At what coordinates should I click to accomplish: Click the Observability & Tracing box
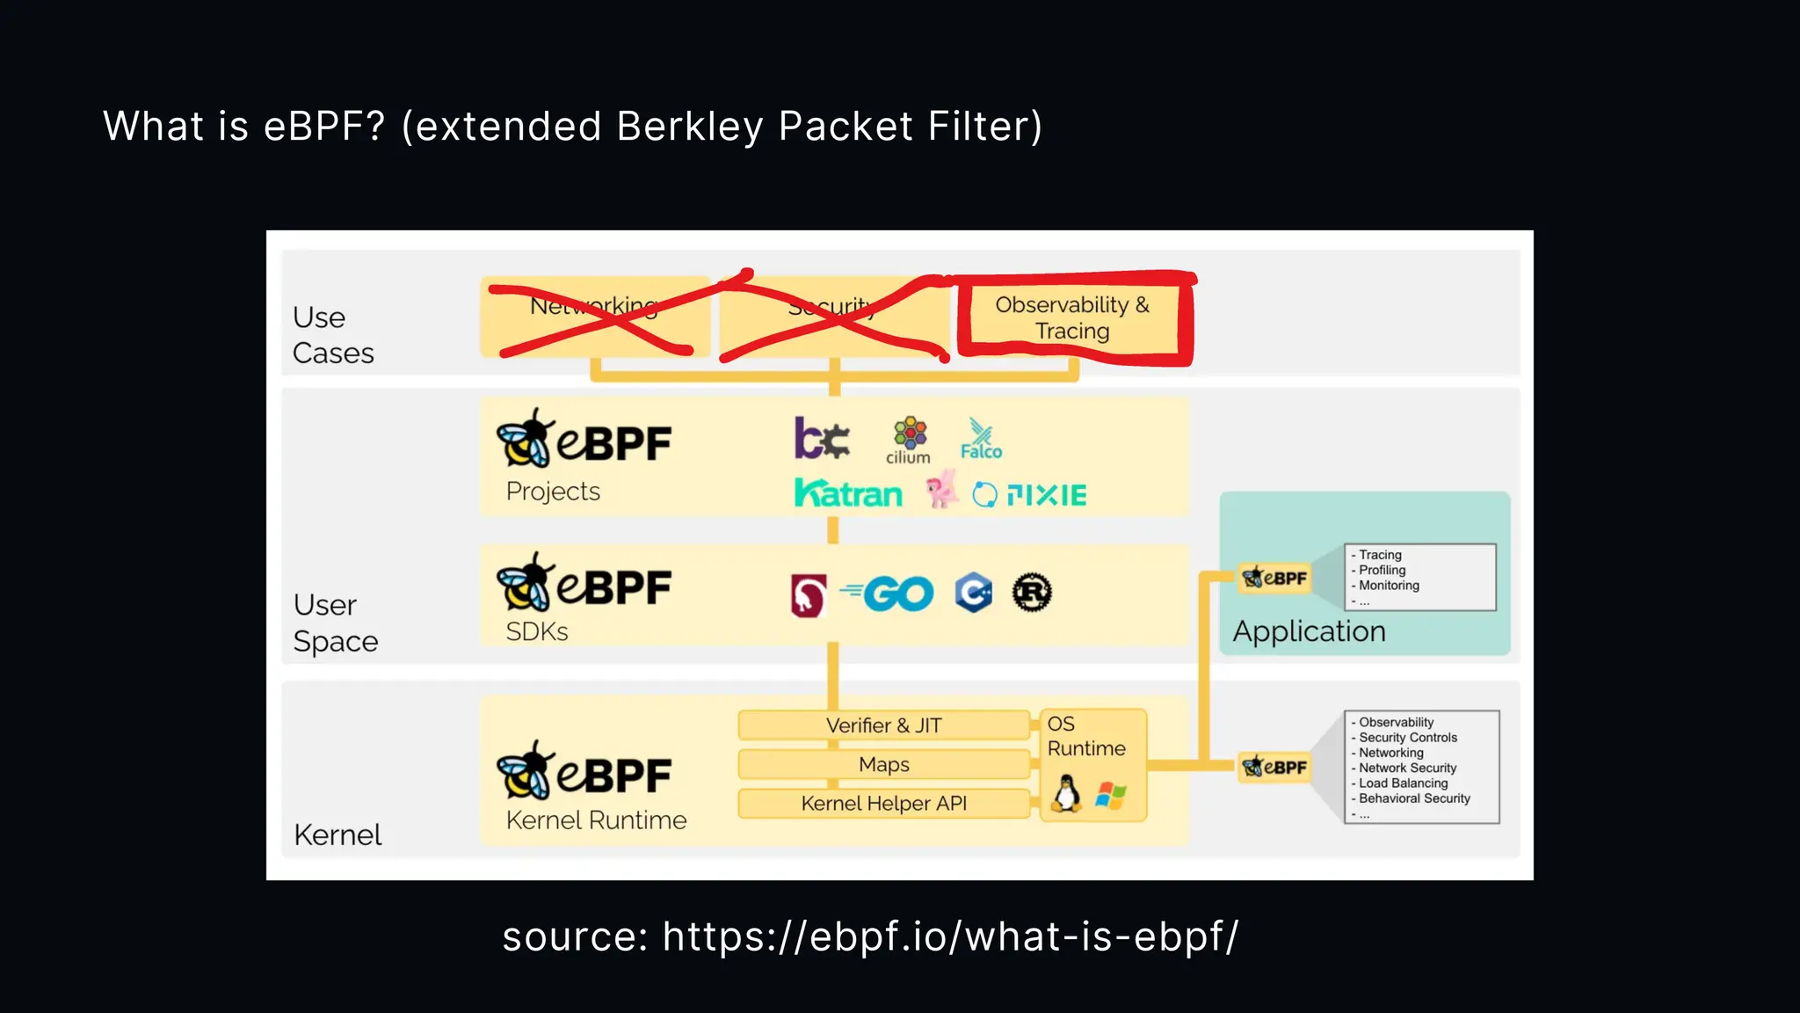1072,317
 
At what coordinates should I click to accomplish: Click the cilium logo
909,441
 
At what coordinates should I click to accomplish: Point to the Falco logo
981,440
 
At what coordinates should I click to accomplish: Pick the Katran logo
848,494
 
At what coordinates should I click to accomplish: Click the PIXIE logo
1030,495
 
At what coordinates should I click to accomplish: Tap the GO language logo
888,594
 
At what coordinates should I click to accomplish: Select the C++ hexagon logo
974,593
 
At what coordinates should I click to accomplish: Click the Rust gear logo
1032,593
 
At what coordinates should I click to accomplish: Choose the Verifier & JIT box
883,725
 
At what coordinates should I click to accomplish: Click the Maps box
883,764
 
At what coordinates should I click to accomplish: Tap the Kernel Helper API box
883,803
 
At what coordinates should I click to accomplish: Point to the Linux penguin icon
1066,794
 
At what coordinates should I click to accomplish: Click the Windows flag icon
1111,796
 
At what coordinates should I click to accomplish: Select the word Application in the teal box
1309,631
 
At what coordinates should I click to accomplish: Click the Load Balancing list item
1403,783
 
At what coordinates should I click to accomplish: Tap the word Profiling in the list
1382,570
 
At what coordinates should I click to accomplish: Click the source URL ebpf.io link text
950,936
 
